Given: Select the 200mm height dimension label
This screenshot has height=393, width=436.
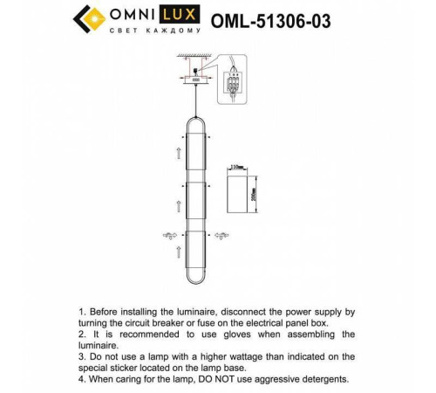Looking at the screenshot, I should pyautogui.click(x=254, y=189).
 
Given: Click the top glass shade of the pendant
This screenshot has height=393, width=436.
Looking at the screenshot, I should pyautogui.click(x=196, y=155).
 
